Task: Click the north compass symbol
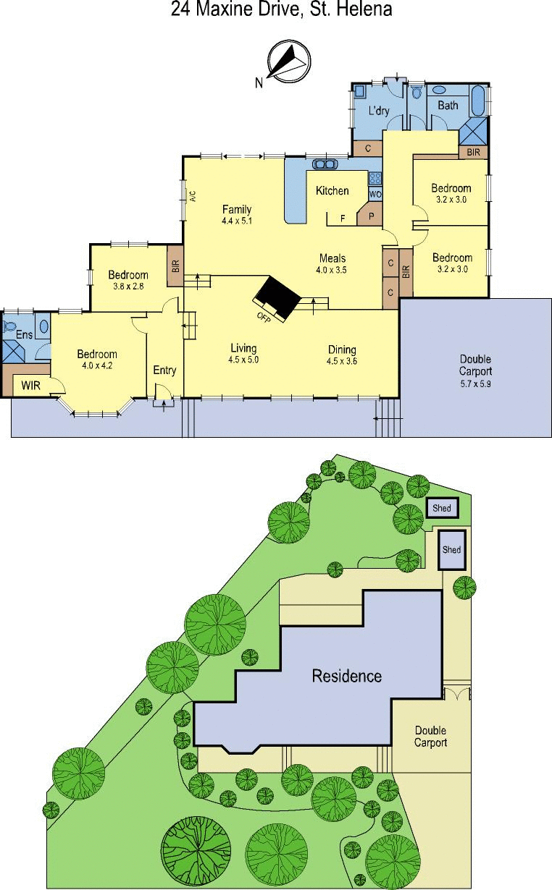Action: [x=289, y=62]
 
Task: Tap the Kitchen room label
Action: [x=332, y=191]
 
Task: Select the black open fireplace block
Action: [x=278, y=297]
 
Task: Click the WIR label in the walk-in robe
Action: [x=30, y=385]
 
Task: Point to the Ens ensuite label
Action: [x=24, y=334]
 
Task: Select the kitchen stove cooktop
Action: [x=375, y=179]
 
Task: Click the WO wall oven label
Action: [x=375, y=195]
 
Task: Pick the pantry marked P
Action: [x=372, y=216]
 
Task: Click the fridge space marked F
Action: [x=343, y=218]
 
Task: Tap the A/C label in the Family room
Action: [x=193, y=197]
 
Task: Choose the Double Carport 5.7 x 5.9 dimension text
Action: [x=475, y=384]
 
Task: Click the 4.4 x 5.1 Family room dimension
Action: [x=237, y=220]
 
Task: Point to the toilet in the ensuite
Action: [x=9, y=326]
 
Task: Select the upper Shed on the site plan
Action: [x=442, y=508]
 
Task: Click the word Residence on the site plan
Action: [x=347, y=676]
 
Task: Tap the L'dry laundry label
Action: [x=379, y=110]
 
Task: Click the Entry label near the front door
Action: [x=164, y=370]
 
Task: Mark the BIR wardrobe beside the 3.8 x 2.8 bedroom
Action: [x=175, y=266]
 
